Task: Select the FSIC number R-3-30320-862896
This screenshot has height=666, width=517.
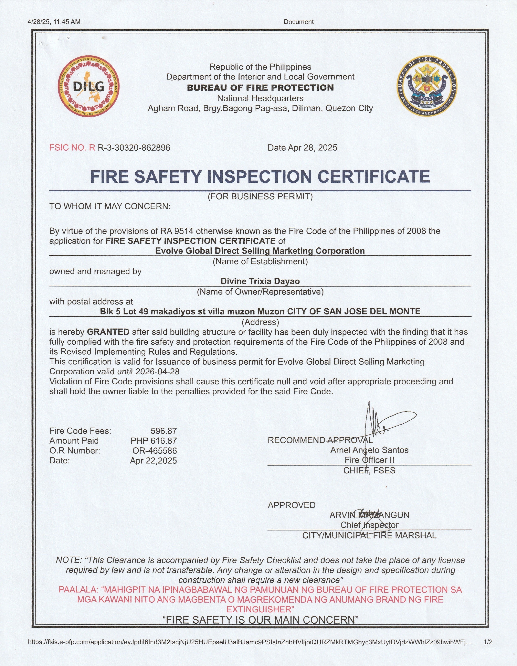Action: click(x=134, y=148)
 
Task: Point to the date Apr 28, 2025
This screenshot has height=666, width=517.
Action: click(x=313, y=148)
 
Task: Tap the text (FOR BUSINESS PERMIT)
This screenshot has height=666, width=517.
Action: click(x=260, y=196)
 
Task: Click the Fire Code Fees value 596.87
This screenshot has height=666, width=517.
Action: click(x=164, y=431)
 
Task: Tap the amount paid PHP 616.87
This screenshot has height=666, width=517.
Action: click(x=154, y=441)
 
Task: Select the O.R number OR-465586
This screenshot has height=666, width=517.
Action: click(x=155, y=451)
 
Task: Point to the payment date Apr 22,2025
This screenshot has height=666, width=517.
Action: click(x=154, y=460)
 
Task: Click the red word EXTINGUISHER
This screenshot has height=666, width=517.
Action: click(x=260, y=609)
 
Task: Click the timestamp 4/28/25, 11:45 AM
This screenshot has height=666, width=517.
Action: click(x=54, y=22)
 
